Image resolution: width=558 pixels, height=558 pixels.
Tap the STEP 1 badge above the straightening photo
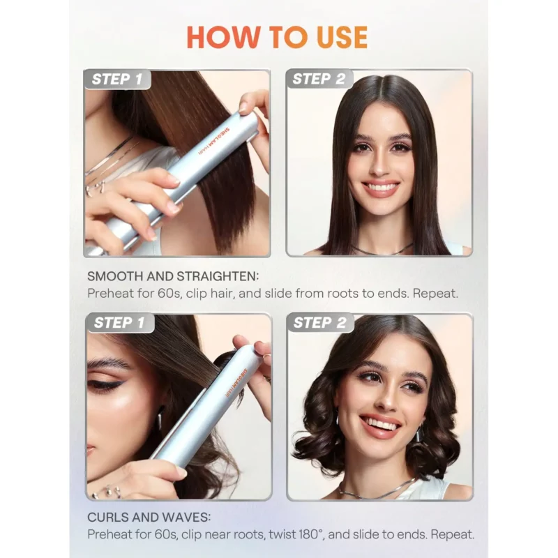(x=118, y=79)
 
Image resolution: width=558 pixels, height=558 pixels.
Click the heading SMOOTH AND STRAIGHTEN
(x=174, y=276)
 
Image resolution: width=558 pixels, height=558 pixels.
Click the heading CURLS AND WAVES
(x=149, y=518)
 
